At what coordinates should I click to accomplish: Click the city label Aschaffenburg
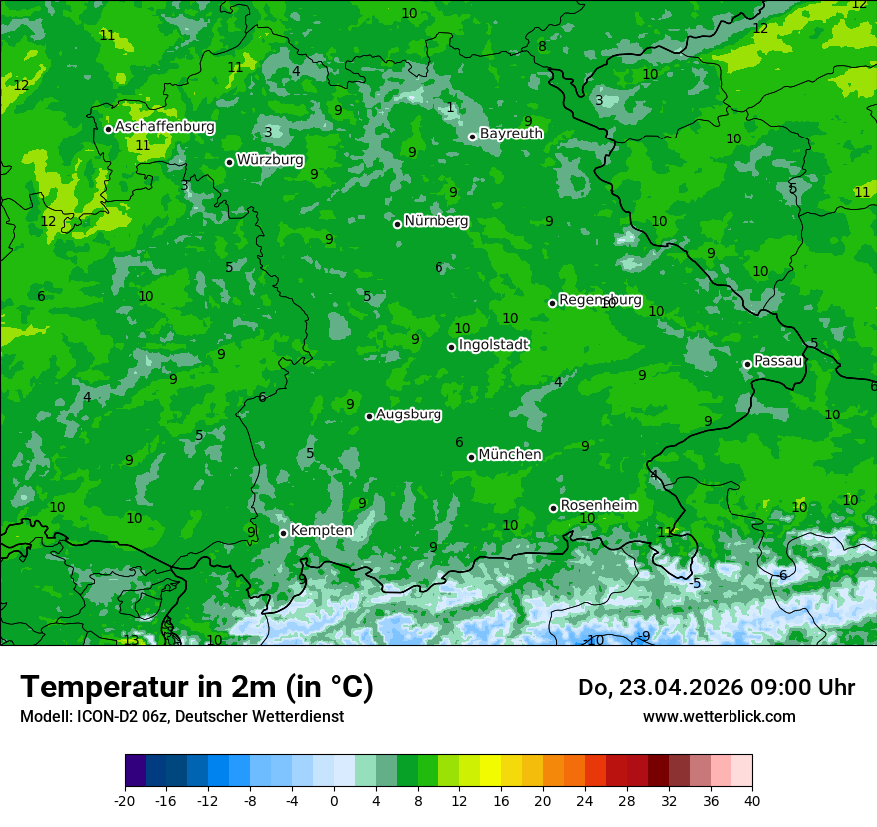pos(164,127)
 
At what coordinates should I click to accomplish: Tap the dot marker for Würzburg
pos(229,162)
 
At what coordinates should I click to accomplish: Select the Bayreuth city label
pos(511,133)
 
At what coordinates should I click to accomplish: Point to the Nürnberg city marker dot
pos(397,224)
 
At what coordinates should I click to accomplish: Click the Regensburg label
pos(600,299)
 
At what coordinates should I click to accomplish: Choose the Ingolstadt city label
pos(493,344)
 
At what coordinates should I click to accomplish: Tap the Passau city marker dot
pos(747,364)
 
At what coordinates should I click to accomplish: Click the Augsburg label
pos(408,413)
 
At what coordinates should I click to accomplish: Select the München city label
pos(509,454)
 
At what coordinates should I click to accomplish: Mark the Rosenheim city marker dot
pos(553,508)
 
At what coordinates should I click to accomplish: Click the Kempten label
pos(321,530)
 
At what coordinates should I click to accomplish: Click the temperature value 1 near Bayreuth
pos(450,107)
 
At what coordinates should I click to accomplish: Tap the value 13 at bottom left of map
pos(131,640)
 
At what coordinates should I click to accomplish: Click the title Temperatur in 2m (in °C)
pos(196,687)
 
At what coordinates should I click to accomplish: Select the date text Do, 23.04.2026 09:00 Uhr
pos(716,688)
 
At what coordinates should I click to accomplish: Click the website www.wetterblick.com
pos(719,716)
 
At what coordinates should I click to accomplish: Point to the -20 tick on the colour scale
pos(125,800)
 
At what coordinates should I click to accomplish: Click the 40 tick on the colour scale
pos(752,800)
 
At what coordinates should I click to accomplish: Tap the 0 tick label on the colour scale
pos(334,800)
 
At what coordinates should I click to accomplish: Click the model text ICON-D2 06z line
pos(181,716)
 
